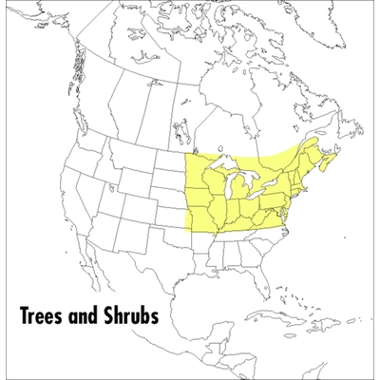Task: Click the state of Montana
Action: pos(133,157)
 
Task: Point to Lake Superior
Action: pos(228,164)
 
